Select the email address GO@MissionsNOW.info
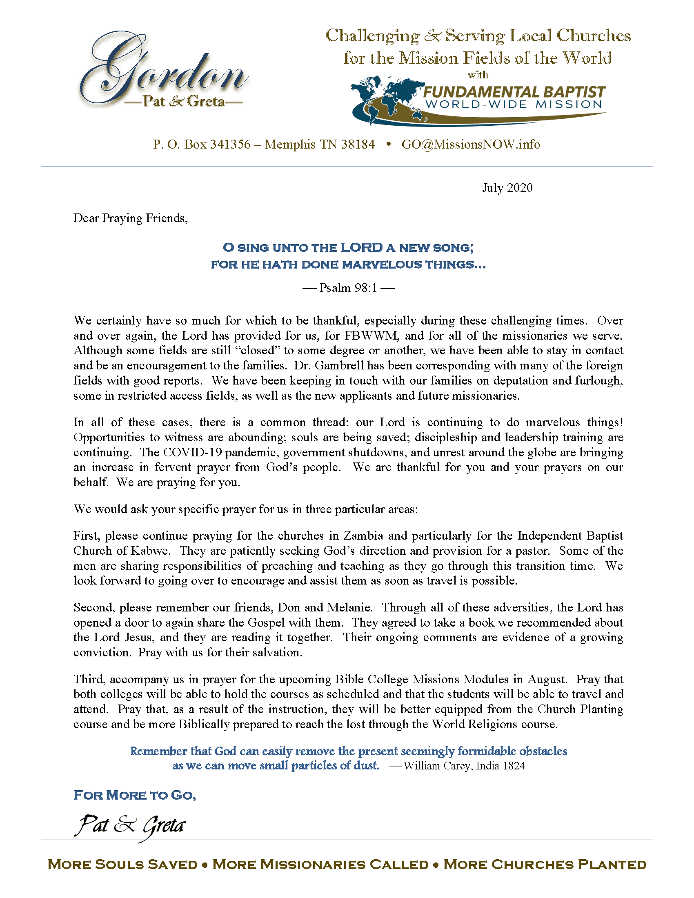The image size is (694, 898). point(471,144)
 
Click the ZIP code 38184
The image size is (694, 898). point(358,144)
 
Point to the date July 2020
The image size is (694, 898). point(507,188)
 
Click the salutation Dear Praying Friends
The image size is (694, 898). point(130,218)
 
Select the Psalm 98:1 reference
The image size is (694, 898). point(348,288)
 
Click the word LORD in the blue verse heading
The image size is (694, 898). point(362,247)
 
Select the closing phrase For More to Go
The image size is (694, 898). point(134,795)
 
